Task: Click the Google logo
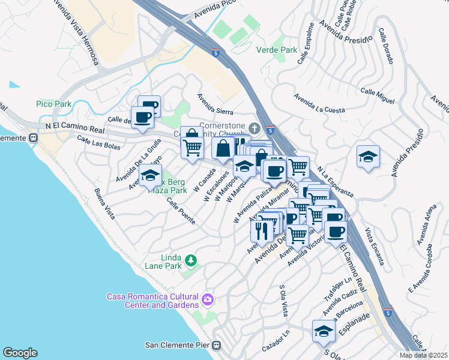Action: click(x=20, y=352)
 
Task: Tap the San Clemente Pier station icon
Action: click(x=217, y=345)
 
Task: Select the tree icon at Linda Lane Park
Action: click(x=190, y=260)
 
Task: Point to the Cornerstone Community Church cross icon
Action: click(x=255, y=128)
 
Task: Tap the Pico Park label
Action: click(x=53, y=104)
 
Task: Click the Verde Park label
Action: click(x=273, y=50)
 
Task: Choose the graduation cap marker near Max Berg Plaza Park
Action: click(x=150, y=176)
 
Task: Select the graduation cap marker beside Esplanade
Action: click(x=323, y=331)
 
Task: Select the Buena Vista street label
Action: click(x=104, y=204)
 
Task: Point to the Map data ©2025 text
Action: click(x=424, y=355)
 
